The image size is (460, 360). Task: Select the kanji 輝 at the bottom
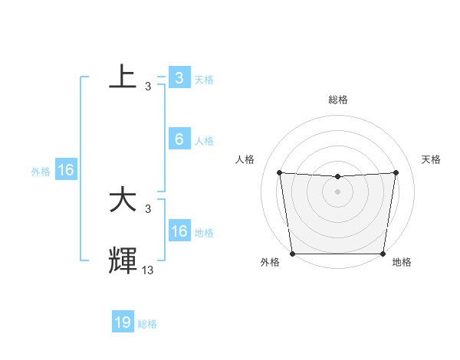point(123,260)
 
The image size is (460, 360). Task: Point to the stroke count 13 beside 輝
point(148,270)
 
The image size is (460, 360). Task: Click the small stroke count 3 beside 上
point(148,87)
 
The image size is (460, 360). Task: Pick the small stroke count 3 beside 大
point(148,209)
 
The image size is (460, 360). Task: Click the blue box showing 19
point(123,322)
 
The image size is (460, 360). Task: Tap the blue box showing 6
point(179,139)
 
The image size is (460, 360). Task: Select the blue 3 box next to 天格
point(179,78)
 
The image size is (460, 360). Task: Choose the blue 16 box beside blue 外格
point(66,170)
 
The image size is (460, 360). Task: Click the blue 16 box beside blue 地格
point(179,231)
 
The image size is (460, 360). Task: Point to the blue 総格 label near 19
point(147,324)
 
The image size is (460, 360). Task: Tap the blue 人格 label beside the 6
point(204,141)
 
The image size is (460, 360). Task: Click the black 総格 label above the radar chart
point(338,100)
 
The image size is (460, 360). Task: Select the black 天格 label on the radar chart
point(431,159)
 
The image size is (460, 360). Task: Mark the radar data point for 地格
point(383,254)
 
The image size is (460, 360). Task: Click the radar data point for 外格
point(293,254)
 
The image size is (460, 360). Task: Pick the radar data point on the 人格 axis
point(279,172)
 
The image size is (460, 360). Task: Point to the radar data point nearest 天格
point(396,172)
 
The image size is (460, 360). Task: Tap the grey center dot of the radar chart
point(338,191)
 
